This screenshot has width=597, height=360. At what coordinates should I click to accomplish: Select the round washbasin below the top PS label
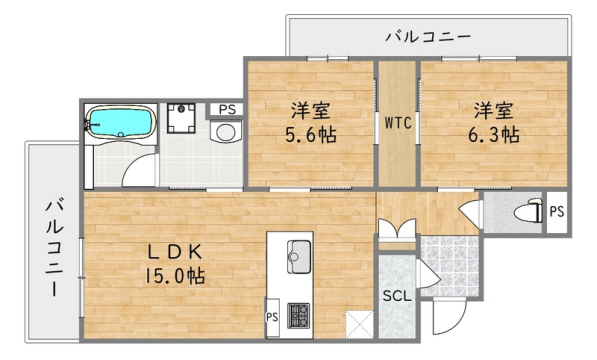[226, 133]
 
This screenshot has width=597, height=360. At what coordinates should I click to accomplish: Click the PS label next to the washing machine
[227, 109]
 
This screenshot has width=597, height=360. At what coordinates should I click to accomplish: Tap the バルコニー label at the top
[428, 37]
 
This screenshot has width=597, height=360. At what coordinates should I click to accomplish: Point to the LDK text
[181, 249]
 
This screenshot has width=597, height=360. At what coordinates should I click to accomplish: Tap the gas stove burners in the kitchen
[299, 316]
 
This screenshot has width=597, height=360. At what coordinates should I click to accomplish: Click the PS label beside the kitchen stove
[271, 317]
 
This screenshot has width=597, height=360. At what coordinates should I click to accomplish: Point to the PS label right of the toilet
[556, 212]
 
